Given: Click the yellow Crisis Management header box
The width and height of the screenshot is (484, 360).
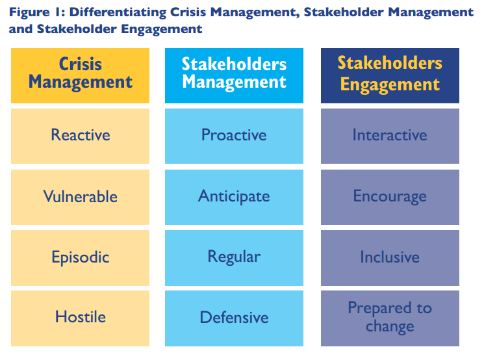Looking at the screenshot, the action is (81, 75).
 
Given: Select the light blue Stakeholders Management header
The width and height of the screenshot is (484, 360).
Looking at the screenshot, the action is (234, 75).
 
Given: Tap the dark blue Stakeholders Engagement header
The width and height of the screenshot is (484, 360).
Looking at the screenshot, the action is (390, 75).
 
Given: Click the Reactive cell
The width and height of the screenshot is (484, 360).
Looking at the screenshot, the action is (81, 136).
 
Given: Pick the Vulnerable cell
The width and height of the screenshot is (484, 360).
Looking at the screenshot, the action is (81, 197).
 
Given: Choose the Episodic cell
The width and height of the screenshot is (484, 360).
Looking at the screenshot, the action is (81, 258).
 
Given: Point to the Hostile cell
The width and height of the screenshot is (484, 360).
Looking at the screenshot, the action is (81, 318).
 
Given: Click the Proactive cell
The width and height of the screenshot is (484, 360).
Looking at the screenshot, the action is (234, 136).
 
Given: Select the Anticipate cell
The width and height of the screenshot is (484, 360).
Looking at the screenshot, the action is (234, 197).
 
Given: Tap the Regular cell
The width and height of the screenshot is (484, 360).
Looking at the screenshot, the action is (234, 258).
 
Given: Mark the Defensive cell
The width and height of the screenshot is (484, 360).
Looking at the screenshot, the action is (234, 318).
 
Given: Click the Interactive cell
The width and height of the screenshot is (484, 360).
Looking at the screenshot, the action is (390, 136).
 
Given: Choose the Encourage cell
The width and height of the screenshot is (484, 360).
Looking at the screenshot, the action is (390, 197).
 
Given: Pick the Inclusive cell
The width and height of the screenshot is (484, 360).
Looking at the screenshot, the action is (390, 258).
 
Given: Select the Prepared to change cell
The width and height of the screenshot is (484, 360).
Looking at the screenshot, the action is (390, 318).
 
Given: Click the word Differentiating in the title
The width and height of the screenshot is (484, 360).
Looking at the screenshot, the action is (118, 12).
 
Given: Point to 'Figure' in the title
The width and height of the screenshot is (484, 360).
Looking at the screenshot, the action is (29, 12).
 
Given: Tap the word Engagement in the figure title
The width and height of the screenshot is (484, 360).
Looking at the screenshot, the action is (161, 29).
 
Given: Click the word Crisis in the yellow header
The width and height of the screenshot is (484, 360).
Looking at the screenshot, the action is (81, 64).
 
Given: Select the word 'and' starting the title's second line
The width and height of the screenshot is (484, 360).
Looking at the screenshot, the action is (21, 29).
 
